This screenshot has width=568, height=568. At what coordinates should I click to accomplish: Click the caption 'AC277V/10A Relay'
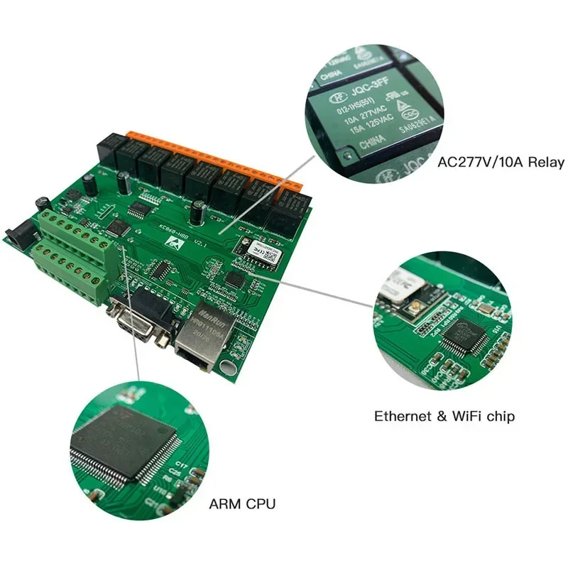(501, 163)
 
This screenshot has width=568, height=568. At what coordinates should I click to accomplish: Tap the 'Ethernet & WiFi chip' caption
(444, 416)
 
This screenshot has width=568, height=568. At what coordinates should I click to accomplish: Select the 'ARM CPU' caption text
(242, 505)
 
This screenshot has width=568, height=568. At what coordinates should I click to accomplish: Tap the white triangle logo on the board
(174, 242)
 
